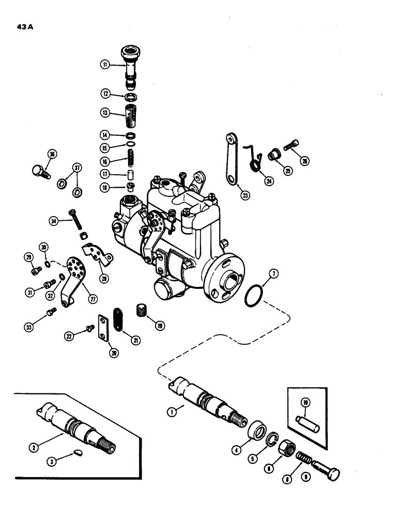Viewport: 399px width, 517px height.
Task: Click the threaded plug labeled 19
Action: [141, 311]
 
